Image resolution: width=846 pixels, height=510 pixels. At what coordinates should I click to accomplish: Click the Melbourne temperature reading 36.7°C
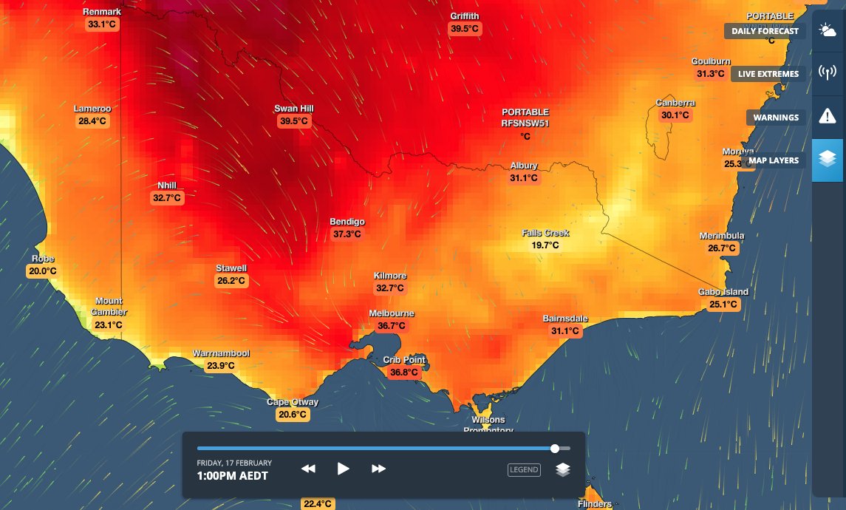[392, 326]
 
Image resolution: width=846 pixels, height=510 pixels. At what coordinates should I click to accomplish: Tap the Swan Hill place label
[293, 109]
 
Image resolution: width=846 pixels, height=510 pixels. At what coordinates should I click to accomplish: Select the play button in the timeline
[343, 469]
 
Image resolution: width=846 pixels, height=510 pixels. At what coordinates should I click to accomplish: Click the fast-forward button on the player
[378, 469]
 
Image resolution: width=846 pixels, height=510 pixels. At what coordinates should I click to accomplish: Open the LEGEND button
[523, 469]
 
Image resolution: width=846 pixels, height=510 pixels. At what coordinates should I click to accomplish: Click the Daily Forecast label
[765, 31]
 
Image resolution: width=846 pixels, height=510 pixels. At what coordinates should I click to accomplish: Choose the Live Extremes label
[768, 74]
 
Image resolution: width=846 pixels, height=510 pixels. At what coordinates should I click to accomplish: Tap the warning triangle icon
[827, 117]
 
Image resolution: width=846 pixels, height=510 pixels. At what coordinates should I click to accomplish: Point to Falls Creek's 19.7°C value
[545, 245]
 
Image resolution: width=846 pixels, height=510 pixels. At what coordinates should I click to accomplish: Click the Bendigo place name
[347, 222]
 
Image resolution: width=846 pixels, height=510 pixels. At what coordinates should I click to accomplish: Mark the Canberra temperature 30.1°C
[675, 115]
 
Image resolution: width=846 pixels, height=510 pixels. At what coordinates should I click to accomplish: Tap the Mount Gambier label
[109, 306]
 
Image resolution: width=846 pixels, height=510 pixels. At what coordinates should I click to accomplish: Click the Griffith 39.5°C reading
[465, 29]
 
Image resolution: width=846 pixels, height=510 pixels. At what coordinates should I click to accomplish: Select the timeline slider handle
[555, 448]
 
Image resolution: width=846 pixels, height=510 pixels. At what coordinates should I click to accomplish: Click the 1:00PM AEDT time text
[232, 476]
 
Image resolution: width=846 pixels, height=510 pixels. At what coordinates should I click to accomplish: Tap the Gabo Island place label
[723, 292]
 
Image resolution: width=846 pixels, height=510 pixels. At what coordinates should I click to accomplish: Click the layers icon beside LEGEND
[563, 469]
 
